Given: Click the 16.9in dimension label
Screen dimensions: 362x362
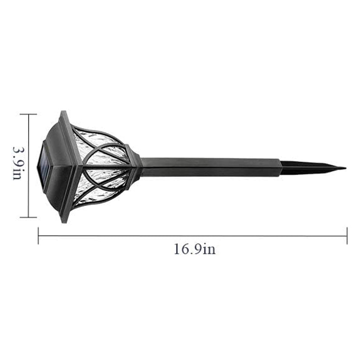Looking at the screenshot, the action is point(195,249).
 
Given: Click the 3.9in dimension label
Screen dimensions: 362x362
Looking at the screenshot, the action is point(17,163).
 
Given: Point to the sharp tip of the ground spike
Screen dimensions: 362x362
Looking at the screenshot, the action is point(346,168).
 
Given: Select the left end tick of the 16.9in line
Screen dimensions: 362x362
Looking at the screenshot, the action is point(38,236).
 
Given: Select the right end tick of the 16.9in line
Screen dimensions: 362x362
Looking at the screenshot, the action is point(347,236).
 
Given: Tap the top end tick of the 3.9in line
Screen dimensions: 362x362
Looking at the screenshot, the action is point(29,114).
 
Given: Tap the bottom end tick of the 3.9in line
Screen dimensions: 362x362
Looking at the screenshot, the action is point(29,217).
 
